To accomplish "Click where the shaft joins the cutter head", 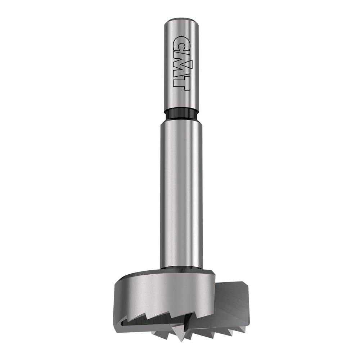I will click(x=181, y=268).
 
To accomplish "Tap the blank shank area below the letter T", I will click(x=181, y=97).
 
